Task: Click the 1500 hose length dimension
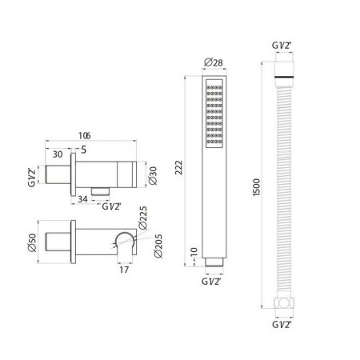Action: (x=256, y=187)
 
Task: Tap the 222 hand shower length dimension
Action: (x=178, y=167)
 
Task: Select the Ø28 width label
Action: (x=214, y=62)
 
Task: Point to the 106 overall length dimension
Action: (x=85, y=136)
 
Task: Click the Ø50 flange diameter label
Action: (x=32, y=242)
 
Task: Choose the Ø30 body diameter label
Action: (x=153, y=176)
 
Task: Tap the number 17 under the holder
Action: (x=124, y=270)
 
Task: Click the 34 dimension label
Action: (x=82, y=199)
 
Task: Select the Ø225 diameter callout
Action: (x=143, y=218)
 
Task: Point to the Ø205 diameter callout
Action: (x=158, y=246)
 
